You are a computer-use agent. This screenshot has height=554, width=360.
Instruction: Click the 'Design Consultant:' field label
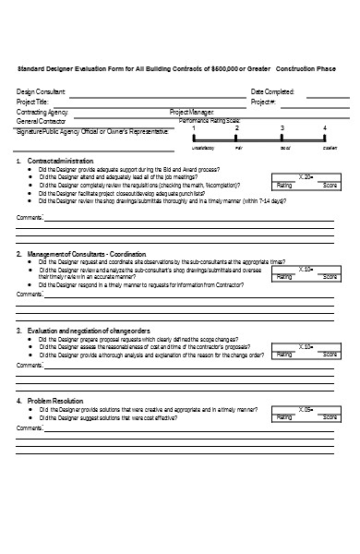point(42,91)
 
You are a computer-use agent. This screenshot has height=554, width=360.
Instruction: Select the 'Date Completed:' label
point(272,91)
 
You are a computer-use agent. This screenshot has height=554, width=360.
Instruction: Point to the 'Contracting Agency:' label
point(42,111)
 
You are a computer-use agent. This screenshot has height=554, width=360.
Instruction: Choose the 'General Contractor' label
point(42,121)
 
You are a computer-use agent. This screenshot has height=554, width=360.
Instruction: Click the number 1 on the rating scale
point(195,128)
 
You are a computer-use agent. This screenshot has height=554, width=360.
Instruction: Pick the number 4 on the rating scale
point(324,127)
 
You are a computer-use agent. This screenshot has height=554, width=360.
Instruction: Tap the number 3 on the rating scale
point(282,128)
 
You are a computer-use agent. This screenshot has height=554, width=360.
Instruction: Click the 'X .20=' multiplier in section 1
point(306,175)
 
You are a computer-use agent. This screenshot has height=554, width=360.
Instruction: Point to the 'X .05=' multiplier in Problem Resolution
point(306,408)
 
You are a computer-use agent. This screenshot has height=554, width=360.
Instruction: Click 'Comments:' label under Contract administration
point(30,218)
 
